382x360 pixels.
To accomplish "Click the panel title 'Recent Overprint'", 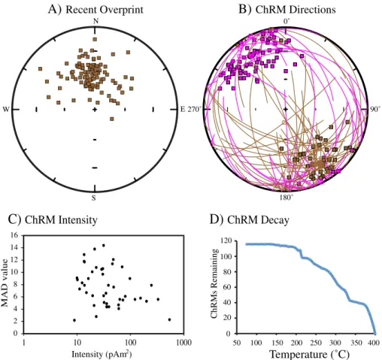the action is (x=105, y=10).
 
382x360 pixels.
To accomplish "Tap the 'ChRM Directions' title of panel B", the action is (x=296, y=10).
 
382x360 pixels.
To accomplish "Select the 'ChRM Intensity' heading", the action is (x=61, y=219).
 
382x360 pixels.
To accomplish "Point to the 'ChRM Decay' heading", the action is (x=258, y=219).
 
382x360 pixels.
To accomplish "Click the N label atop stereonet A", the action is (x=95, y=21).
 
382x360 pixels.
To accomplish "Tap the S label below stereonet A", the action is (x=93, y=198).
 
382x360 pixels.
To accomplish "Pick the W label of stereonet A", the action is (x=6, y=109).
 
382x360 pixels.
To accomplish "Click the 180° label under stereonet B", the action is (x=286, y=198).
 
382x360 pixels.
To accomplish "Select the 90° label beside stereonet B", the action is (x=374, y=109).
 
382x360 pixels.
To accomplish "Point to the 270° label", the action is (x=195, y=109).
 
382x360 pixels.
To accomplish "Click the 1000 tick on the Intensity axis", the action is (x=183, y=343).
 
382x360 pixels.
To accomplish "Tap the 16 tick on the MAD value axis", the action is (x=14, y=235).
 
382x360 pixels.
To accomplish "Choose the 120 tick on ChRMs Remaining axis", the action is (x=226, y=241).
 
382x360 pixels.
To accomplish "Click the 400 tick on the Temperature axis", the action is (x=375, y=343).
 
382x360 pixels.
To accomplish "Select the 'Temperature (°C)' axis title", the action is (x=309, y=354).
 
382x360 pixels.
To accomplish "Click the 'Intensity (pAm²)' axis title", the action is (x=102, y=354).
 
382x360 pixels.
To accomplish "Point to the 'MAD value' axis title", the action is (x=5, y=283).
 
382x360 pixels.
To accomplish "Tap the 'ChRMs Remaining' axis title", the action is (x=214, y=283).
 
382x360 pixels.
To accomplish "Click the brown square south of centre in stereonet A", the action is (x=112, y=119).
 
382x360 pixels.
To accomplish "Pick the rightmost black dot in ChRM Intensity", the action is (x=169, y=319).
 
